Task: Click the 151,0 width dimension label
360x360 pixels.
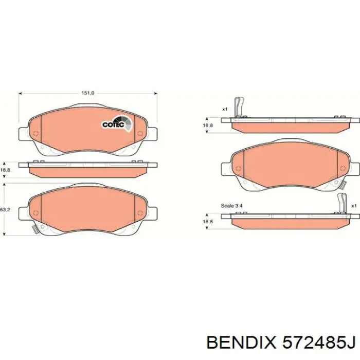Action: pyautogui.click(x=88, y=93)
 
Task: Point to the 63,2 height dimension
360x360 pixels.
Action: pyautogui.click(x=5, y=210)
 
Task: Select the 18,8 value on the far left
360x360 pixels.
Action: pyautogui.click(x=5, y=170)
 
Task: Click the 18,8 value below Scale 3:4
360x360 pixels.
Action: pyautogui.click(x=208, y=221)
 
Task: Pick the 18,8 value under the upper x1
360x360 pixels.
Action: pyautogui.click(x=208, y=125)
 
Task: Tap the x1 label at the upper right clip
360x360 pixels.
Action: pyautogui.click(x=225, y=109)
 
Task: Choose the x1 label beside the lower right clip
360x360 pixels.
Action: pyautogui.click(x=354, y=206)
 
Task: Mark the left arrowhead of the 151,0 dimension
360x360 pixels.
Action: pyautogui.click(x=21, y=94)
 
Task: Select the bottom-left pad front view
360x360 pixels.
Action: pyautogui.click(x=88, y=209)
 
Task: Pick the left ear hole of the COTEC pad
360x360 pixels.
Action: pyautogui.click(x=35, y=134)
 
